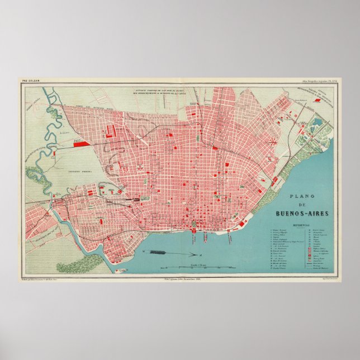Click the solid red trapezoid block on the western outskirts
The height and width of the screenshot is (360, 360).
tap(81, 144)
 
